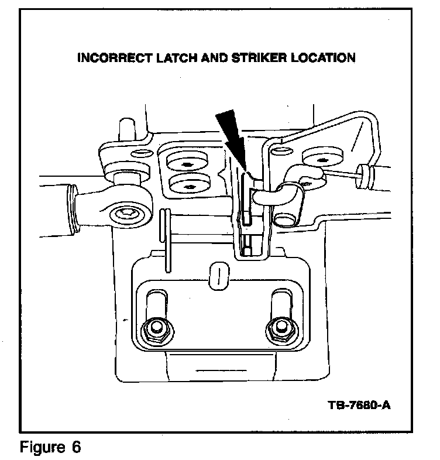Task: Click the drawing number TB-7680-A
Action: click(x=359, y=405)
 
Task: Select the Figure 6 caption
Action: click(x=50, y=448)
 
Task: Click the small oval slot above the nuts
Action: click(x=217, y=274)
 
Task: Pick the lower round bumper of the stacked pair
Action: click(x=189, y=184)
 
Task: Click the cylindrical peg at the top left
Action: click(x=126, y=130)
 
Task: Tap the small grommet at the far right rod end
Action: click(x=367, y=173)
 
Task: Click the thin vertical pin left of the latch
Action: click(x=167, y=240)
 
